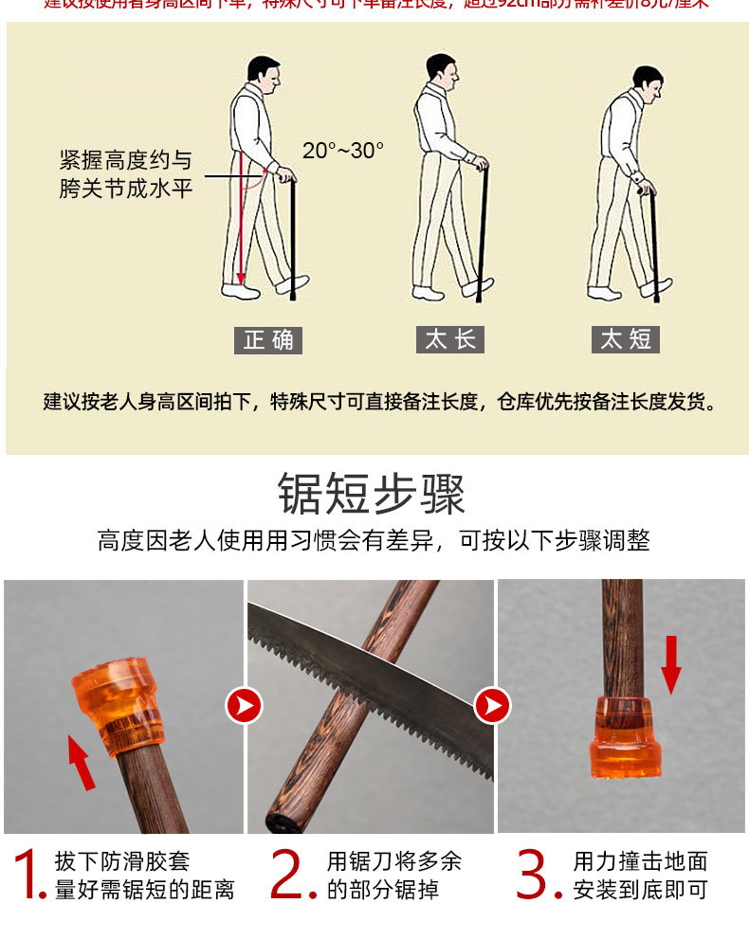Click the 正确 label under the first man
point(268,340)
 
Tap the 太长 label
point(450,340)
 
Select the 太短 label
point(626,340)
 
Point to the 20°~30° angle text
point(343,151)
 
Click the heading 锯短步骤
point(372,494)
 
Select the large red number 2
point(292,874)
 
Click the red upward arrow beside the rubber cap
point(82,763)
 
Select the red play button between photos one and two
point(244,706)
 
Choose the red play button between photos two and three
point(493,706)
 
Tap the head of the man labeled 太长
point(441,68)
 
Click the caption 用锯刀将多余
point(393,861)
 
